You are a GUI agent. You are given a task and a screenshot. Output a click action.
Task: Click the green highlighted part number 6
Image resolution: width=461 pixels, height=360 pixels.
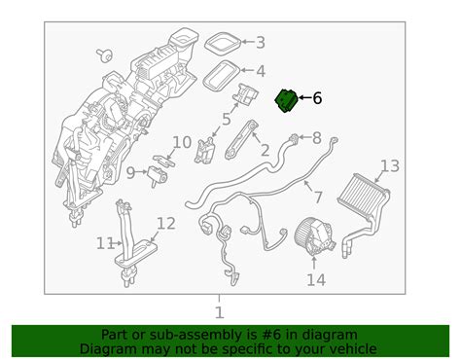(x=288, y=100)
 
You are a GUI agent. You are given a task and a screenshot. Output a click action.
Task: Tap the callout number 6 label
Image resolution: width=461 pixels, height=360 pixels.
(x=317, y=98)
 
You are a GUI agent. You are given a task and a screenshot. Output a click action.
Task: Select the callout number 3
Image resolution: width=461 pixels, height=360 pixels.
(x=260, y=42)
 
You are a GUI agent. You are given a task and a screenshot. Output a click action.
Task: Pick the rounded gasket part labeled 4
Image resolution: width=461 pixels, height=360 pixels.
(x=229, y=70)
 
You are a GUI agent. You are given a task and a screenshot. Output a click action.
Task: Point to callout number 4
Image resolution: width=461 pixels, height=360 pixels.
(x=260, y=71)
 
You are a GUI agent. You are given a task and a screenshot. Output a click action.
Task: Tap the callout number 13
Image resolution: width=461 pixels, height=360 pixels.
(x=389, y=165)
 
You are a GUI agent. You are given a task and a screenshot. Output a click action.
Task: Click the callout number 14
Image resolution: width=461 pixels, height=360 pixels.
(x=316, y=281)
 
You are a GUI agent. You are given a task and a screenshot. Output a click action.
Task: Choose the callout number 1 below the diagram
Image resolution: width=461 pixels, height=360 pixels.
(x=219, y=312)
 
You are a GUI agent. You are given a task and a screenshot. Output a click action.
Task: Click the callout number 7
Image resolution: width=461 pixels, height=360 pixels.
(x=317, y=198)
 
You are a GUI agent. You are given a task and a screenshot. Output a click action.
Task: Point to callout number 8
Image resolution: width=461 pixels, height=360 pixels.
(x=317, y=138)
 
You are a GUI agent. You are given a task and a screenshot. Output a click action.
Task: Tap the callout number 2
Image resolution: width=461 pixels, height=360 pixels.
(x=264, y=150)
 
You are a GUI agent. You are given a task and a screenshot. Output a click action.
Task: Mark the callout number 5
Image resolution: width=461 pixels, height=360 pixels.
(x=226, y=120)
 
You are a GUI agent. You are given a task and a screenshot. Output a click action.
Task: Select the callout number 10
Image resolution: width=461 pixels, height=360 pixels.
(x=182, y=142)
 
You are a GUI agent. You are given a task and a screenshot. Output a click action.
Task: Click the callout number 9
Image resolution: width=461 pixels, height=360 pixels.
(x=129, y=172)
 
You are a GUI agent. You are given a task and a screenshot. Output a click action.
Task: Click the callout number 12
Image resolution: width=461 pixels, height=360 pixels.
(x=166, y=224)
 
